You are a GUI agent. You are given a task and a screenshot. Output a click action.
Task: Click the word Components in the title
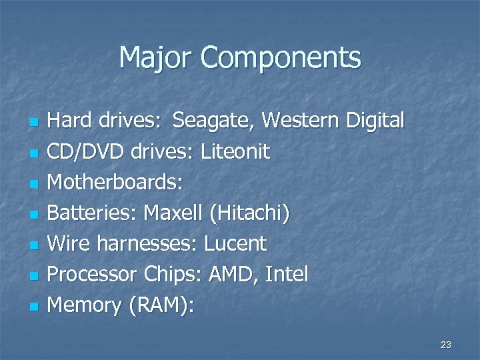pos(280,58)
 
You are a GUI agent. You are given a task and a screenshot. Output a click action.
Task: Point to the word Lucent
pos(235,244)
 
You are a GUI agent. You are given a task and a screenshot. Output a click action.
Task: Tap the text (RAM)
pos(159,305)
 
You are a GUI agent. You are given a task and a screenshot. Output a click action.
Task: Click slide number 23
pos(446,345)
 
